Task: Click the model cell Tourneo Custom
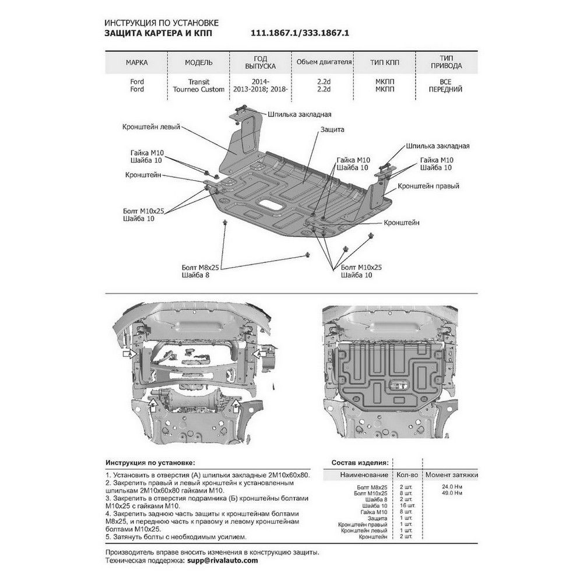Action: coord(199,90)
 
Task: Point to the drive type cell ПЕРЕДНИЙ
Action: coord(447,90)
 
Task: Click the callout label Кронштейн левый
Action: coord(152,126)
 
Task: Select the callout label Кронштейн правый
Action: coord(429,186)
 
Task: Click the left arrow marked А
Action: coord(129,353)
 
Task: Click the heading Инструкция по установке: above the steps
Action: coord(150,461)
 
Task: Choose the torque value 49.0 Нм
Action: coord(451,493)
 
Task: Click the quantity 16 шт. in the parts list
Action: coord(404,505)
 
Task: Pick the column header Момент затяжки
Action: coord(451,475)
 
